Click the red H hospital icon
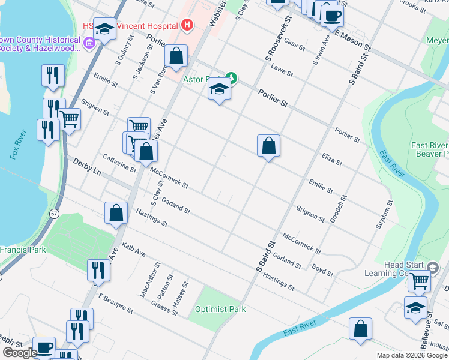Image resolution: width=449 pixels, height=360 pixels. (187, 25)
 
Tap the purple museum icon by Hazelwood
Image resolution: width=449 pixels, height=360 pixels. (89, 42)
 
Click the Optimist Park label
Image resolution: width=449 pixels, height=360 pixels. (220, 310)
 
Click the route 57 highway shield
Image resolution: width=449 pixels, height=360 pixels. (55, 213)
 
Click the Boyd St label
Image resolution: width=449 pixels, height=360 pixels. (322, 269)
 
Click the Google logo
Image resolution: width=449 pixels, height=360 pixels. (20, 353)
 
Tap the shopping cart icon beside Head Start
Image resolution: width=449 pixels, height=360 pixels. (419, 280)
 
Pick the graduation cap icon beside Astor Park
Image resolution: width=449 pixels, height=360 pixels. (219, 90)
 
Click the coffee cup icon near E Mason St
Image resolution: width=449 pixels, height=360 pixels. (332, 15)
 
